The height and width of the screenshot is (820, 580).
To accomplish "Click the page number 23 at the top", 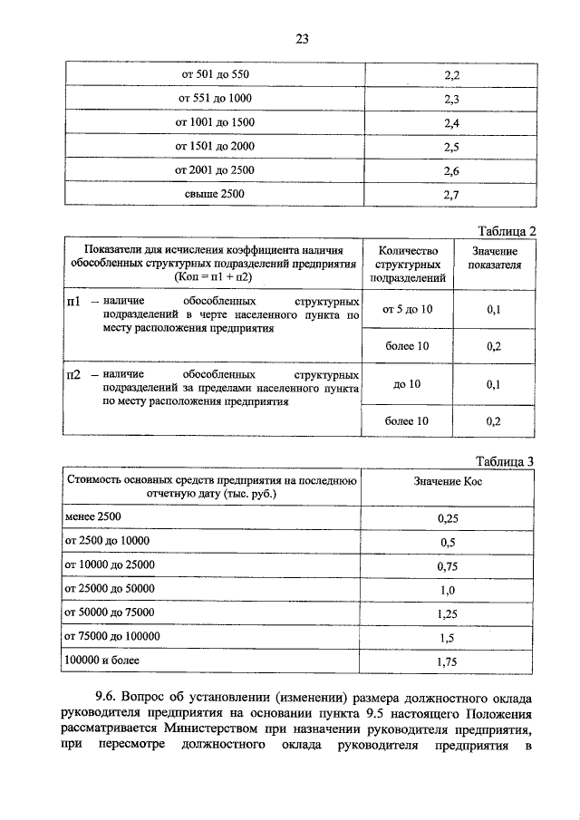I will point(302,38).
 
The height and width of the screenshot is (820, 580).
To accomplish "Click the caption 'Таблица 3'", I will point(505,461).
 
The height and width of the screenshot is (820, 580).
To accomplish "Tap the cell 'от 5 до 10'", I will point(408,310).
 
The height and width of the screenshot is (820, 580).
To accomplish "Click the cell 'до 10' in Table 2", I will point(408,384).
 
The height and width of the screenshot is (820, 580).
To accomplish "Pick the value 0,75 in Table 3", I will point(446,566).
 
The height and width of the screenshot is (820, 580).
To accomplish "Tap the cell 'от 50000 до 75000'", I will point(110,613).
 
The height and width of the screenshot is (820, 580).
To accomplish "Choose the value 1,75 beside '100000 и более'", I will point(446,662).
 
